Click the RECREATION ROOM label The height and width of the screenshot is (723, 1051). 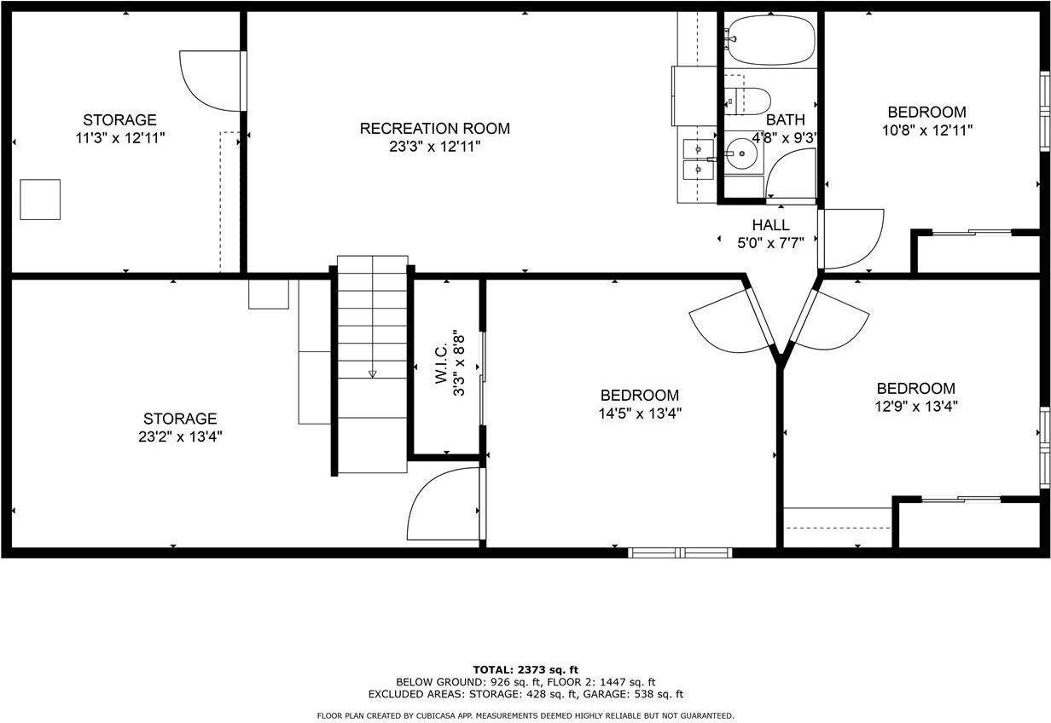coord(434,129)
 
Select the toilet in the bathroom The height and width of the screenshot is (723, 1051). coord(748,101)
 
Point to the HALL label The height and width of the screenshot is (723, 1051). coord(770,225)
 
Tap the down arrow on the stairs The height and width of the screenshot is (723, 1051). coord(373,373)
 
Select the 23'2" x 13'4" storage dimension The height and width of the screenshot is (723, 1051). coord(179,437)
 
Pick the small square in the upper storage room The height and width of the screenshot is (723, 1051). coord(40,200)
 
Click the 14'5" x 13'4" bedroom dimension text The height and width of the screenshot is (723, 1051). coord(640,414)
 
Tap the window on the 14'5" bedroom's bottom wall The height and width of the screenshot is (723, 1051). coord(680,552)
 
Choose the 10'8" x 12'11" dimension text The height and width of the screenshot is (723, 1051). coord(927,130)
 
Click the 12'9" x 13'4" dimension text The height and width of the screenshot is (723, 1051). coord(915,406)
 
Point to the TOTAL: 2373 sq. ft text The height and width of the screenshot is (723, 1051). coord(525,669)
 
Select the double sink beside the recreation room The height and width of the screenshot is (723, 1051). coord(700,159)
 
